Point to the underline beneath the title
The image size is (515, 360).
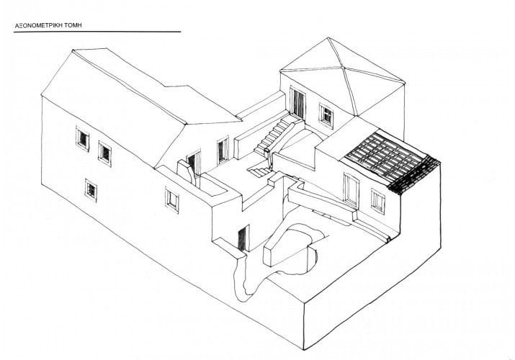pyautogui.click(x=97, y=32)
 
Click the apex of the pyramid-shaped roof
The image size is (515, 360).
pyautogui.click(x=328, y=38)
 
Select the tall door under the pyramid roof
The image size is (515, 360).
pyautogui.click(x=297, y=102)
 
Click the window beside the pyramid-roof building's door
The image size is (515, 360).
pyautogui.click(x=326, y=115)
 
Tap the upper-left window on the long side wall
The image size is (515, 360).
pyautogui.click(x=82, y=138)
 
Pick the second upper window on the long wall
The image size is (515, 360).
pyautogui.click(x=104, y=153)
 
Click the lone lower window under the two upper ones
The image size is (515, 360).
pyautogui.click(x=91, y=190)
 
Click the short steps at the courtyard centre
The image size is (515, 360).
pyautogui.click(x=259, y=171)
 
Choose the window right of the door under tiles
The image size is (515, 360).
pyautogui.click(x=377, y=201)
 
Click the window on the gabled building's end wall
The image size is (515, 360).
pyautogui.click(x=223, y=150)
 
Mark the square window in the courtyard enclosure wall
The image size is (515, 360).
pyautogui.click(x=171, y=200)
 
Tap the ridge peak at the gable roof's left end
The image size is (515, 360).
pyautogui.click(x=73, y=50)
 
